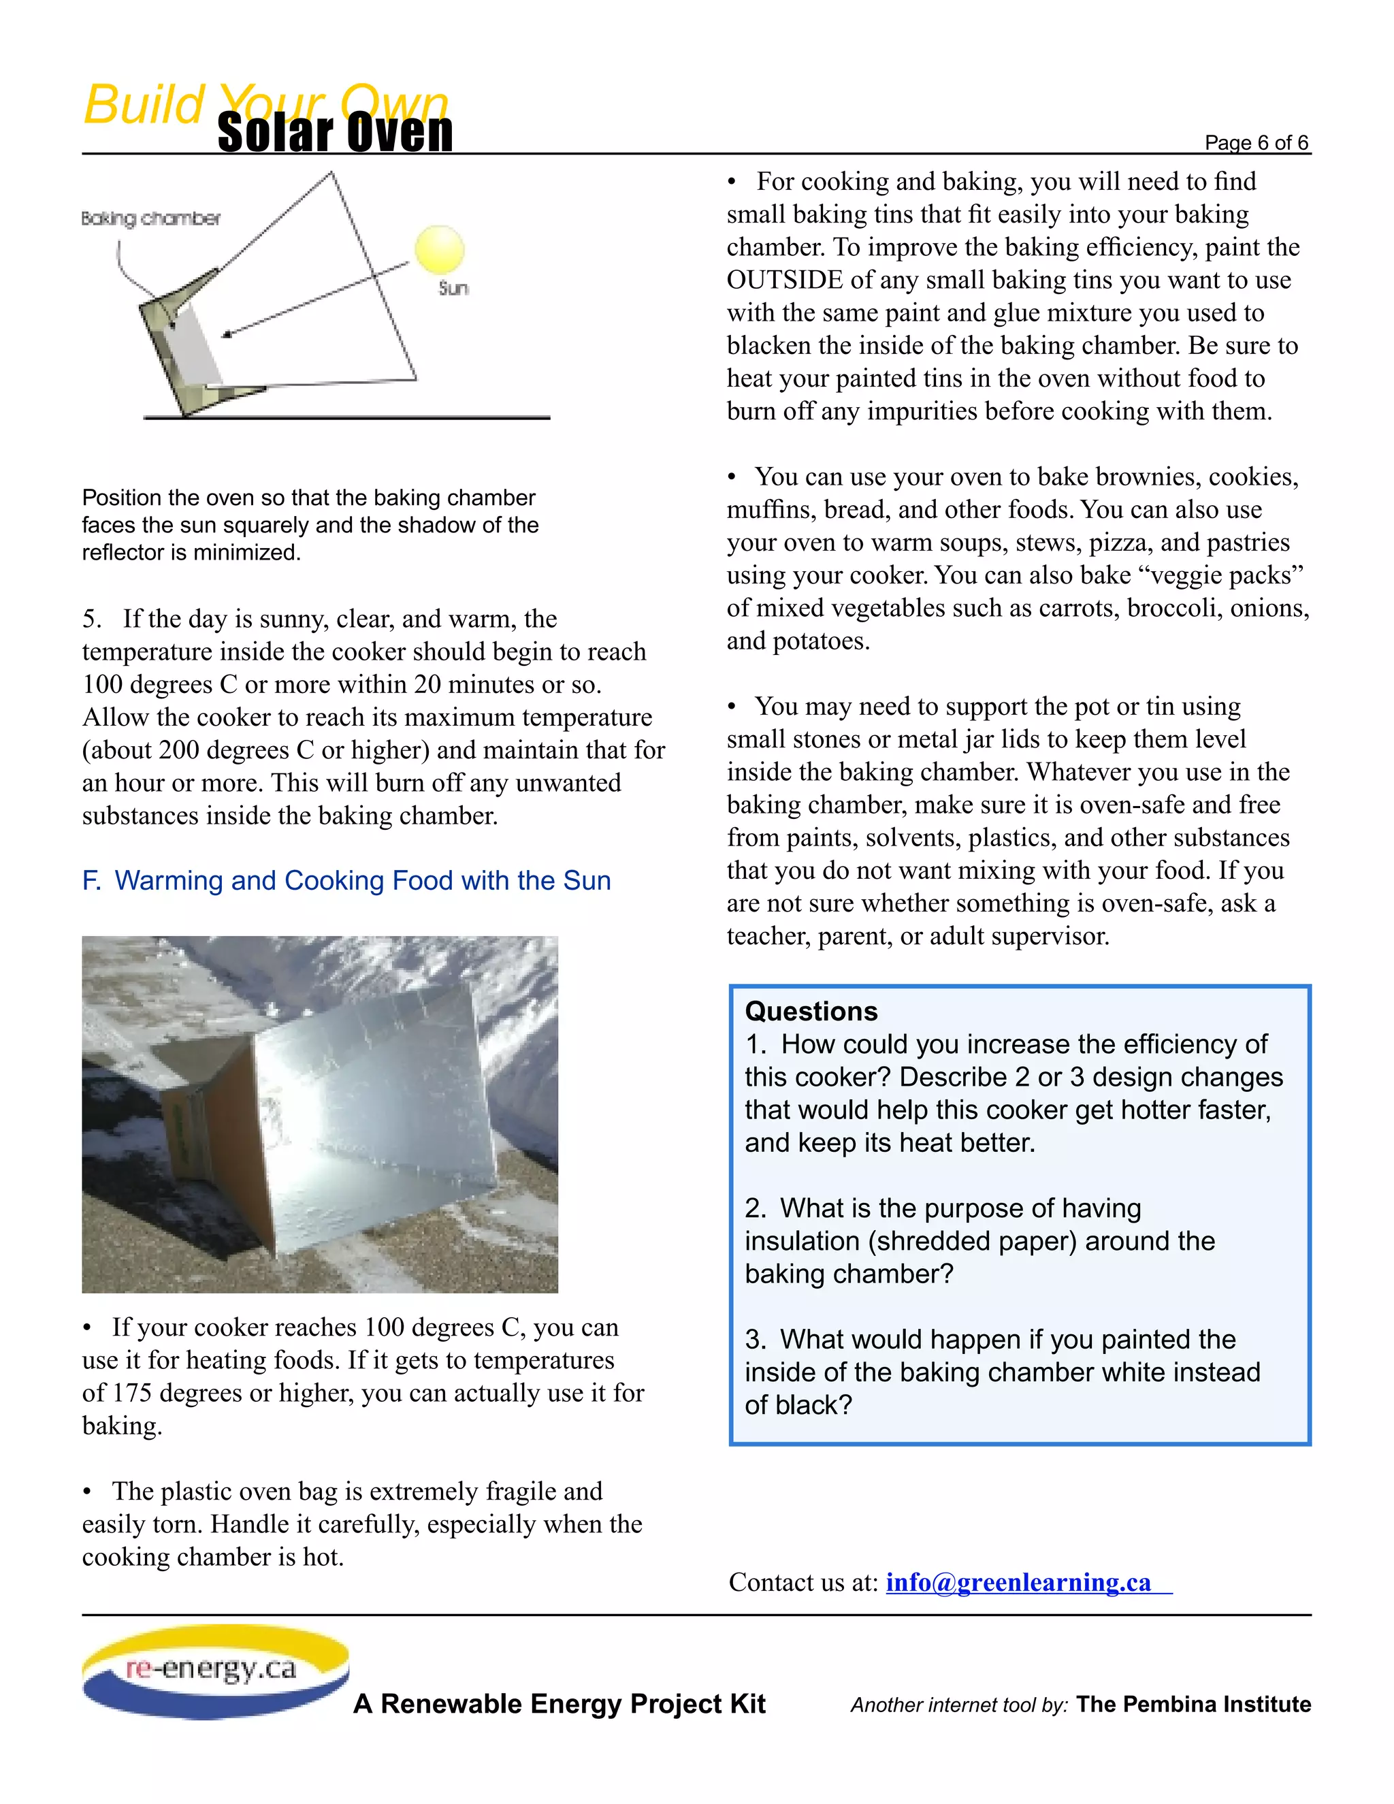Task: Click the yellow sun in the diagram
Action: pos(439,249)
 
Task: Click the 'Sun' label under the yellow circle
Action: pos(453,288)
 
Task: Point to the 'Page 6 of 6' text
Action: pos(1256,143)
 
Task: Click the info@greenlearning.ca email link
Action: pos(1018,1582)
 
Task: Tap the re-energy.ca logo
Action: pos(214,1670)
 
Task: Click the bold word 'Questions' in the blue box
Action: pos(811,1011)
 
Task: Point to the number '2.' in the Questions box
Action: pos(756,1208)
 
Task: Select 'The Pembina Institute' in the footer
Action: pos(1193,1704)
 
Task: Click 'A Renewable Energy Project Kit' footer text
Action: pos(559,1703)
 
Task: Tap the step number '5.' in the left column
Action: pos(92,619)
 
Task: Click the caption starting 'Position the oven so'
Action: pos(310,524)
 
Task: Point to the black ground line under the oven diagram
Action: pos(347,418)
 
